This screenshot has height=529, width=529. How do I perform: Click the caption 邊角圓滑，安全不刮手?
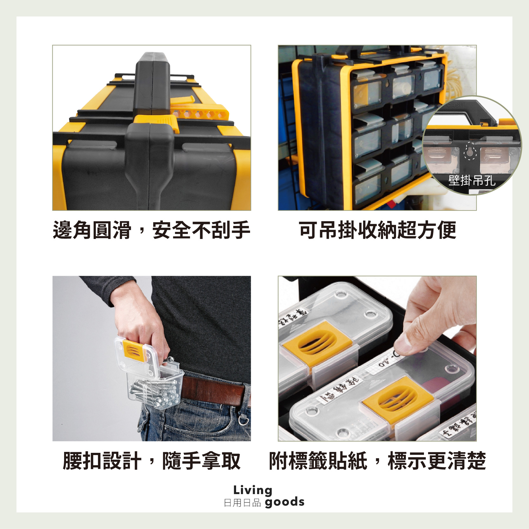(151, 230)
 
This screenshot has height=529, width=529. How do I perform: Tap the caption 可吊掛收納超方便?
(377, 230)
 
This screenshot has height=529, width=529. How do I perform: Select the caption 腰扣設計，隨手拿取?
(151, 461)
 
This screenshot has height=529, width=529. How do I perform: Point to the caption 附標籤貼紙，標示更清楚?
(377, 461)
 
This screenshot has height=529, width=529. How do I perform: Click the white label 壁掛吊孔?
(472, 181)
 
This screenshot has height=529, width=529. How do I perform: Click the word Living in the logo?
(253, 490)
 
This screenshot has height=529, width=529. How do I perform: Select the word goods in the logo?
(284, 502)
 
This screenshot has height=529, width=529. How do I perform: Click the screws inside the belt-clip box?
(155, 393)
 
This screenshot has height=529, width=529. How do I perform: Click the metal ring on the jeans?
(244, 420)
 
